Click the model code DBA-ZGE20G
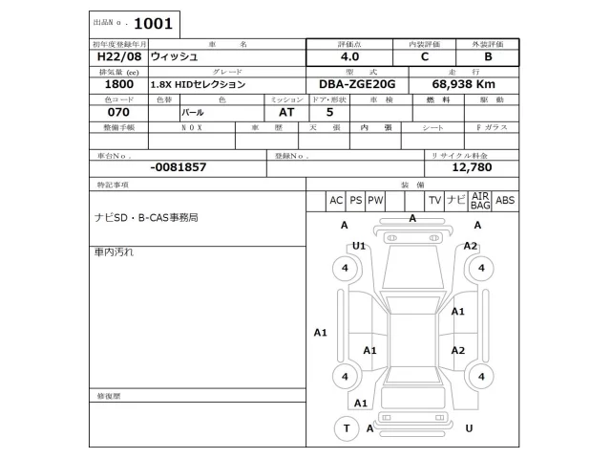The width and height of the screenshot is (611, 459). (x=360, y=85)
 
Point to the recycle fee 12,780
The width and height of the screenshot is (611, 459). (x=471, y=166)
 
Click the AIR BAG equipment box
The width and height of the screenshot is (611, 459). (x=480, y=200)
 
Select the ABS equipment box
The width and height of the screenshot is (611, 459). (x=505, y=200)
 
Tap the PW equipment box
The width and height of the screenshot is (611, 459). (x=375, y=200)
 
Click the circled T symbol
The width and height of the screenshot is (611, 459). (x=345, y=428)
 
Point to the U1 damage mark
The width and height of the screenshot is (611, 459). (x=359, y=246)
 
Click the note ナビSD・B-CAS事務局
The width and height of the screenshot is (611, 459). (x=146, y=218)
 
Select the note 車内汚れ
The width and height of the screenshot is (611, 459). (x=114, y=251)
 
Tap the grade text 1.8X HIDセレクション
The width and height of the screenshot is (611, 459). (x=198, y=85)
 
